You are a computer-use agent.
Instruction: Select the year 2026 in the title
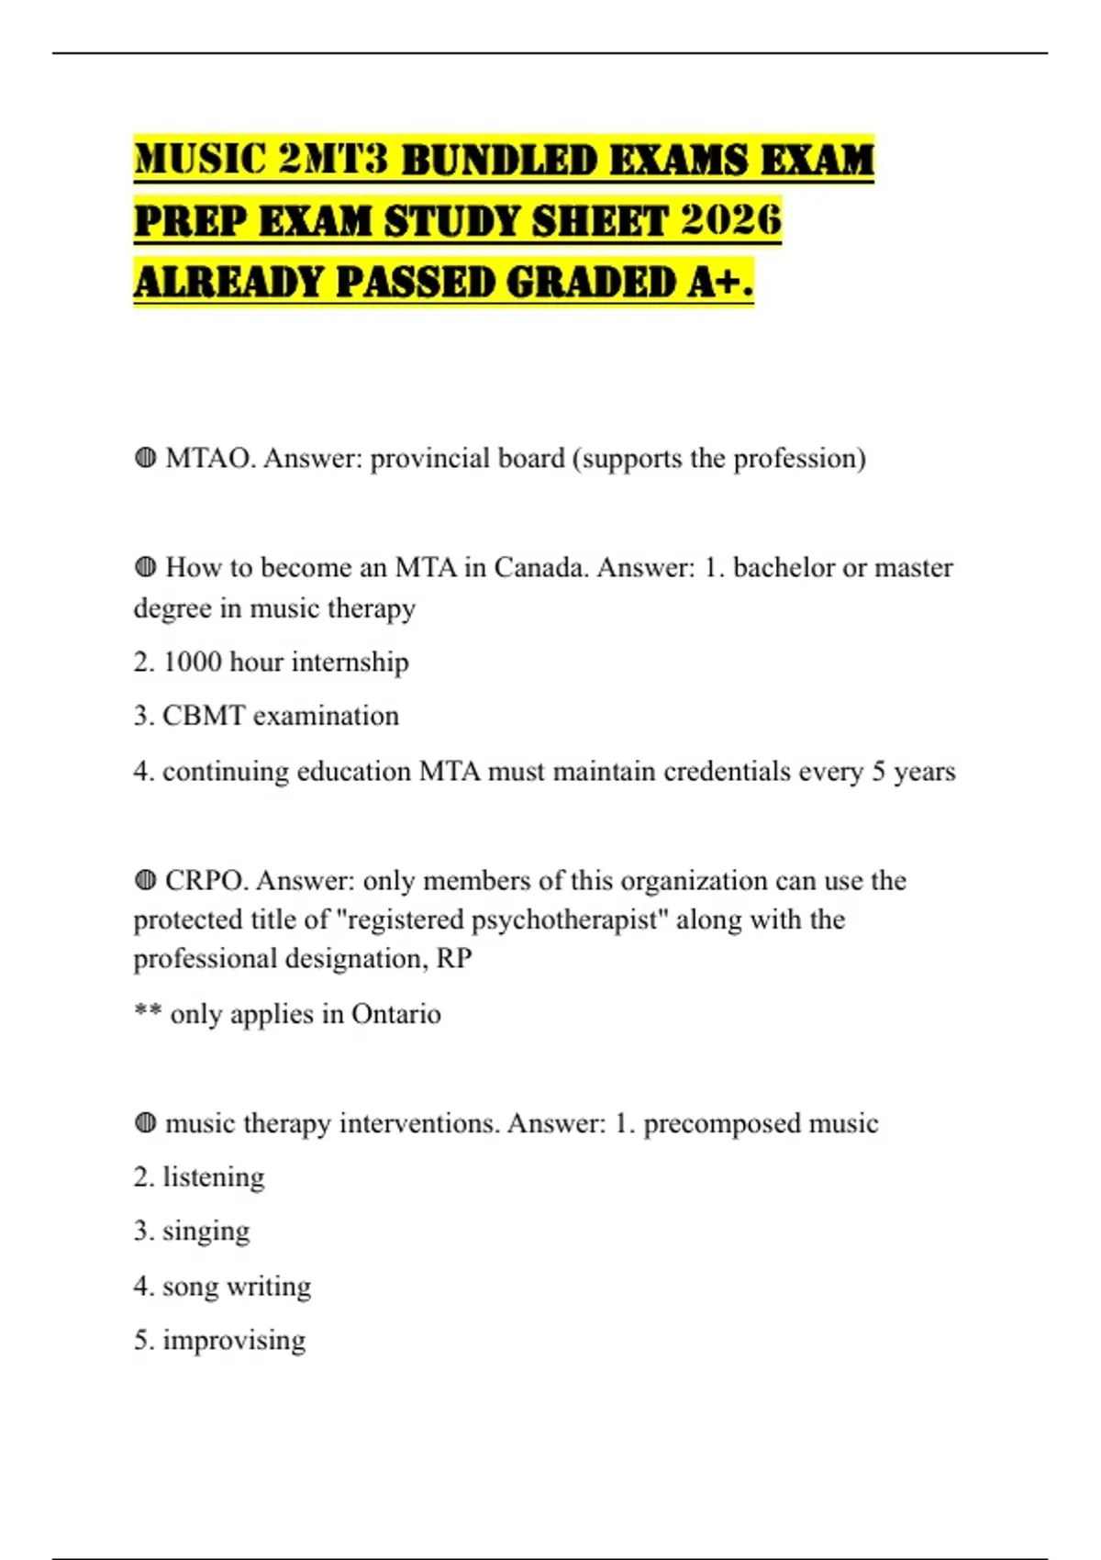tap(731, 221)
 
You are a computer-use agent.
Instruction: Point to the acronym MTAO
tap(210, 458)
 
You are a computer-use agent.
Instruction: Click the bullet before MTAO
tap(145, 458)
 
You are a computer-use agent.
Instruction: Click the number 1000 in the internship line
tap(192, 662)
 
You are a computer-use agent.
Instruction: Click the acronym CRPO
tap(206, 880)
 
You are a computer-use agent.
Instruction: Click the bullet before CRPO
tap(145, 880)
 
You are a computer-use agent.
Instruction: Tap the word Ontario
tap(395, 1014)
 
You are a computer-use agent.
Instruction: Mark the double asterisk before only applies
tap(148, 1012)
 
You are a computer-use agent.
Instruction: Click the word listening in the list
tap(213, 1177)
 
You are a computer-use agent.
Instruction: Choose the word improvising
tap(234, 1340)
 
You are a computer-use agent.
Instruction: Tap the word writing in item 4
tap(269, 1287)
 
